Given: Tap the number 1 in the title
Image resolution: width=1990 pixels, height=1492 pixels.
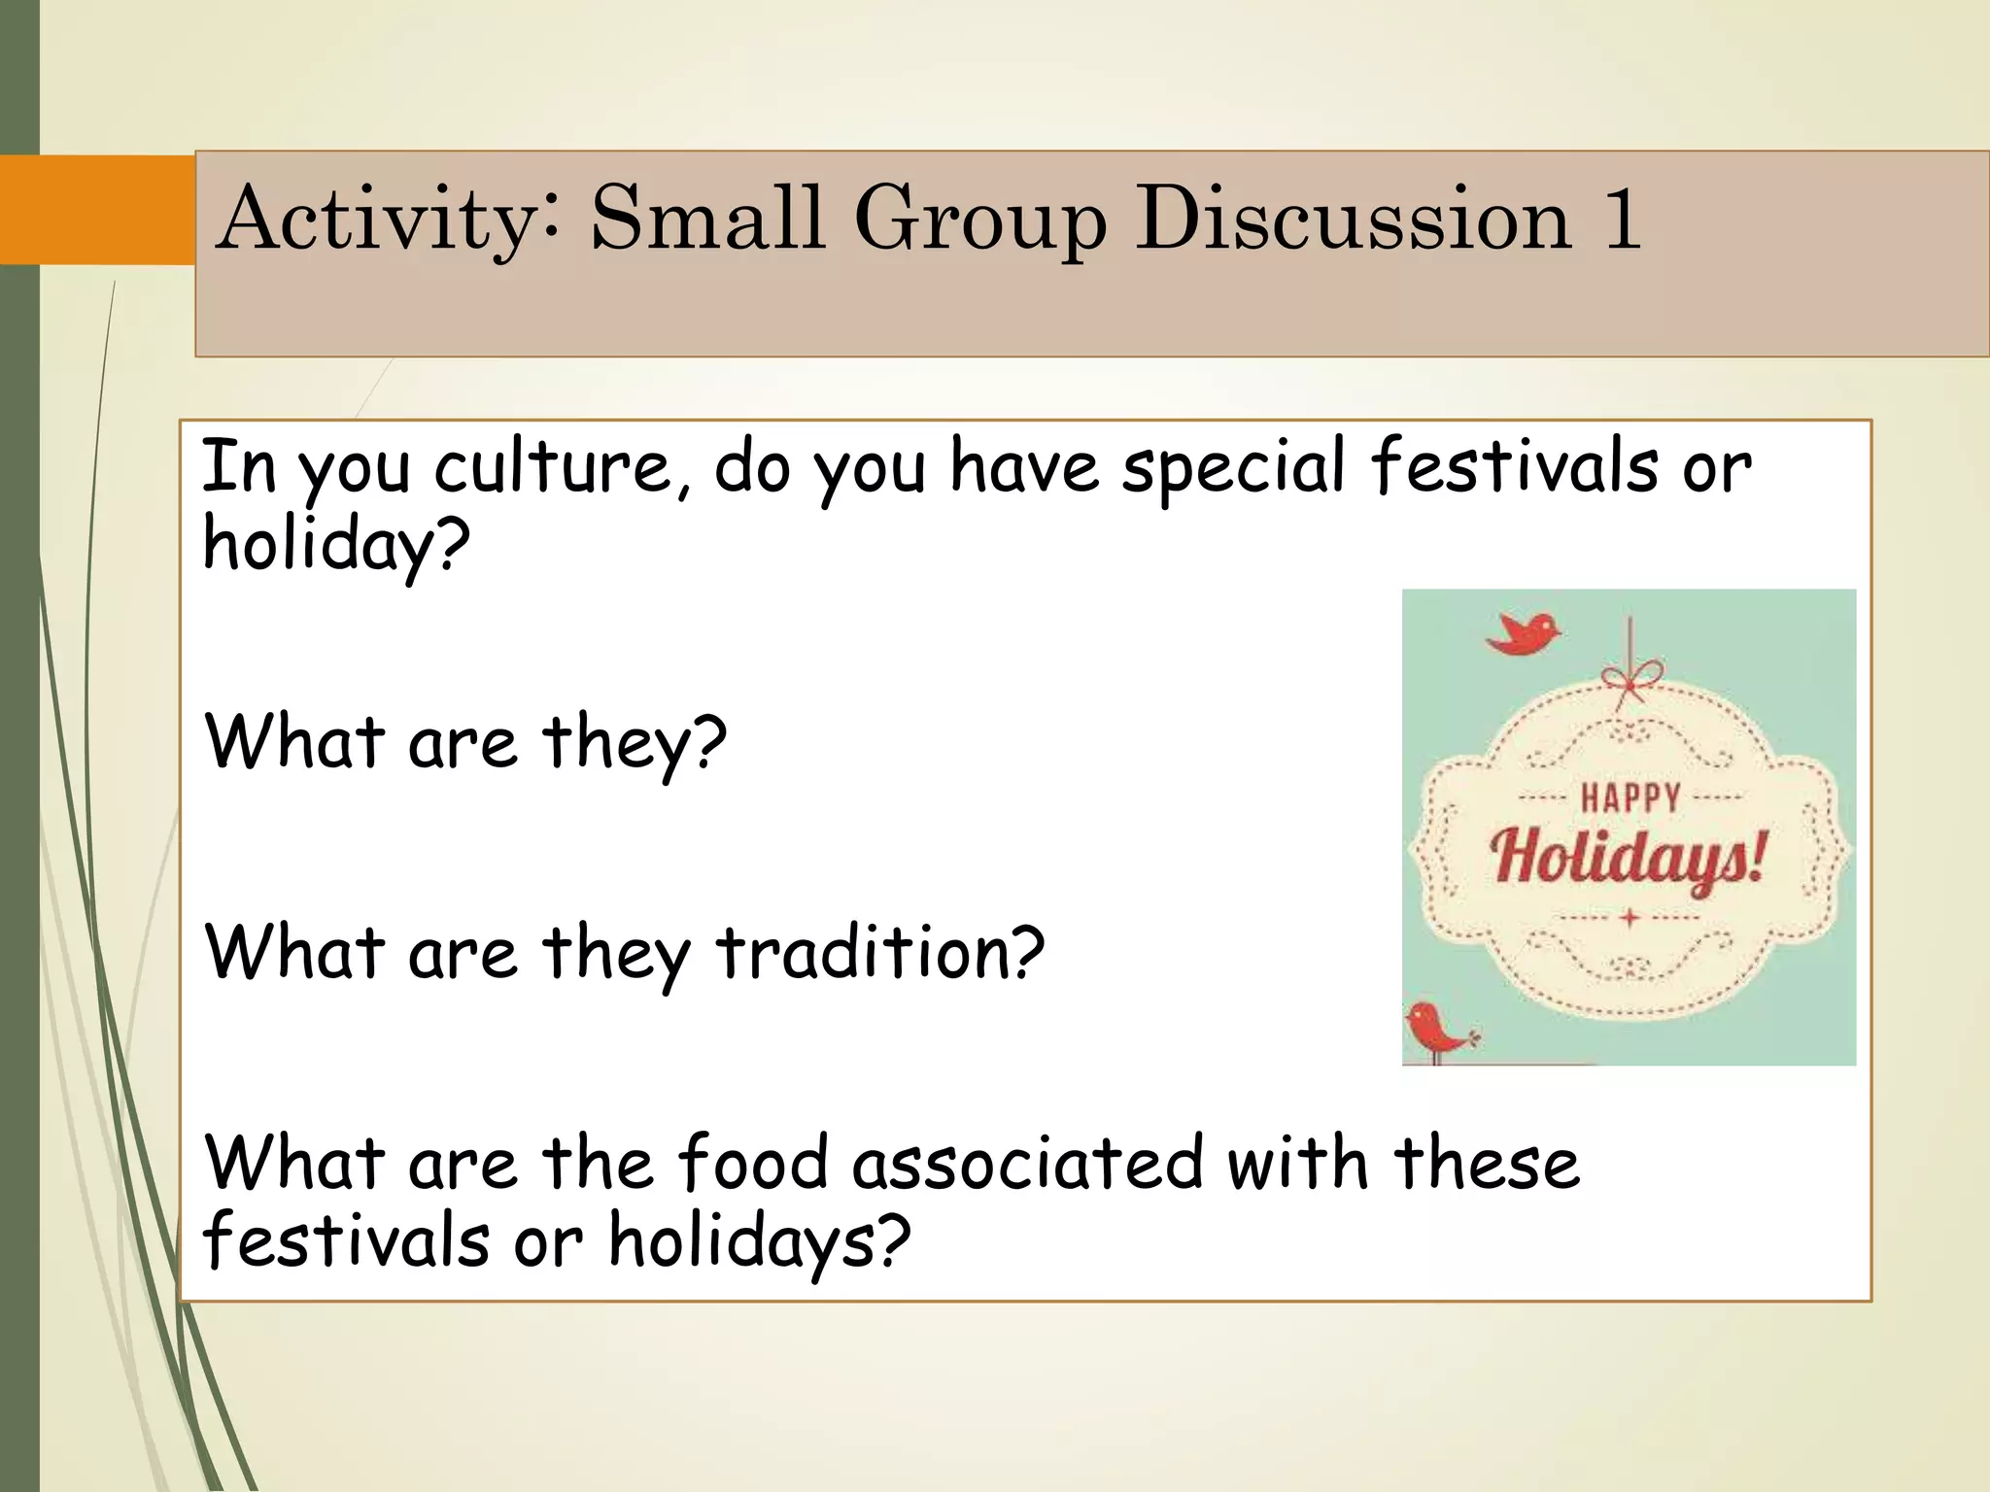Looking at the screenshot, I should click(1621, 220).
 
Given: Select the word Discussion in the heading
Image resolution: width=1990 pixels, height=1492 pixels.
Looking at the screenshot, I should click(1353, 220).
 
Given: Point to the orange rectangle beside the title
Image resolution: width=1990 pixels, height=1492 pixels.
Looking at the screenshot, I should click(97, 210).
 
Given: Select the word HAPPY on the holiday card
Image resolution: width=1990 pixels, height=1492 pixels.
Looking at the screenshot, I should click(1630, 798).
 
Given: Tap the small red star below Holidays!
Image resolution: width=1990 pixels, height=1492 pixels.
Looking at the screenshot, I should click(1630, 917).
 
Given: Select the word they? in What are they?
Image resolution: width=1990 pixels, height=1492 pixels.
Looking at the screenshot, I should click(634, 742).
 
